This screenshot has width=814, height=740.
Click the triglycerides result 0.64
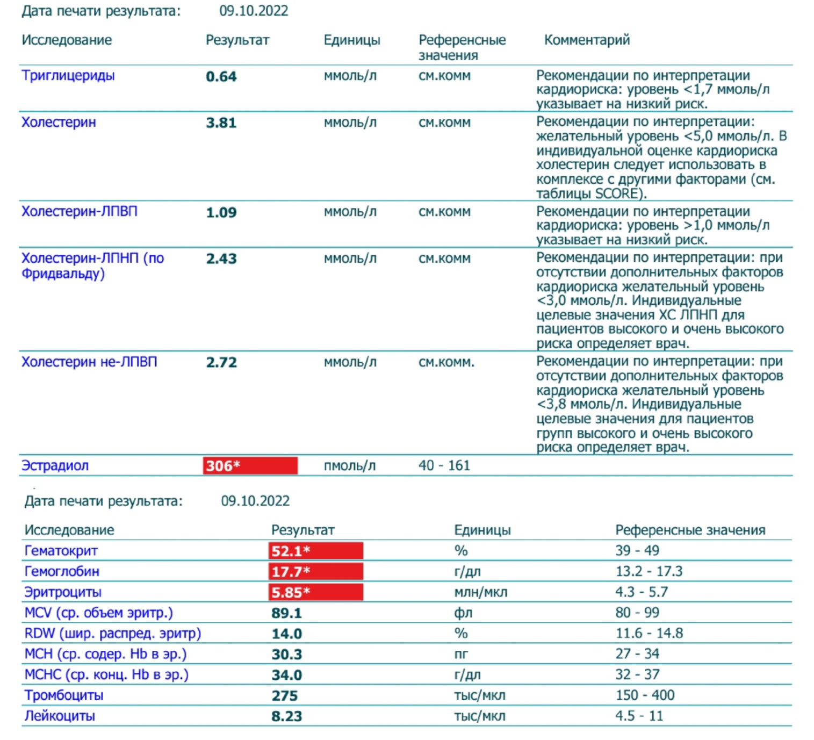click(221, 76)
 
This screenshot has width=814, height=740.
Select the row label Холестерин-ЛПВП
click(80, 212)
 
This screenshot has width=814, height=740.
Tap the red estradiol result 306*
click(250, 465)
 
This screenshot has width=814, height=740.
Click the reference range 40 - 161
click(444, 465)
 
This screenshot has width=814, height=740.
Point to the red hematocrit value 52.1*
click(315, 551)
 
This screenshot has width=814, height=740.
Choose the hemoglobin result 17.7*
click(315, 571)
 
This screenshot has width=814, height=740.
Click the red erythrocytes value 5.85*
click(315, 592)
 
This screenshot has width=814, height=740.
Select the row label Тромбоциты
click(64, 695)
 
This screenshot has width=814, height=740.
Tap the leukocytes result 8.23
click(286, 716)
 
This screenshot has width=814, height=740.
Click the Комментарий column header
click(587, 40)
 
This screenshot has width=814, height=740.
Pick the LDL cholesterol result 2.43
click(221, 258)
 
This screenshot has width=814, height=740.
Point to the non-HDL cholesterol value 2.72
click(221, 362)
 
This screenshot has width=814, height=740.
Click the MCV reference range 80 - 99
click(637, 613)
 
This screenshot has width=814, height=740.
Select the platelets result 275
click(284, 696)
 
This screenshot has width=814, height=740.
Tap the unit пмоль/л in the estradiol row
click(349, 466)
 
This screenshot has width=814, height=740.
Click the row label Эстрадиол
click(55, 466)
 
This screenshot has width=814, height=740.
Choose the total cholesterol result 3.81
click(221, 123)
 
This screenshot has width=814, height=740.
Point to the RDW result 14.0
click(286, 634)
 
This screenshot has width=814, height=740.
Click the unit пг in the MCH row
click(461, 654)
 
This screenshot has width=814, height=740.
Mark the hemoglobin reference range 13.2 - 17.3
click(649, 571)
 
